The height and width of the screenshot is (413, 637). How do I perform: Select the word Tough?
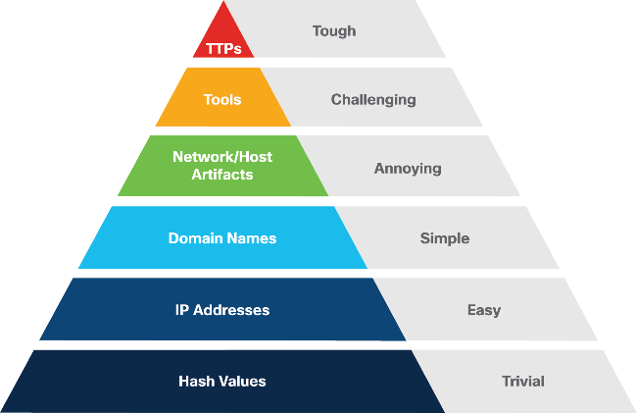[333, 30]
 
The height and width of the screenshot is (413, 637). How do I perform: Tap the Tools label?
[221, 99]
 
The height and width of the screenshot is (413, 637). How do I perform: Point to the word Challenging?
[372, 99]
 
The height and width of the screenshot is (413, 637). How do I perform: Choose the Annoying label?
[408, 168]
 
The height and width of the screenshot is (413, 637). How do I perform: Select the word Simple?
[444, 238]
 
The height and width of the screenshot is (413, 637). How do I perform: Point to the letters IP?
[182, 310]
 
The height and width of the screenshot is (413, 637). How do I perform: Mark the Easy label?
[483, 310]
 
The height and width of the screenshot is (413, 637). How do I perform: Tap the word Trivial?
[522, 381]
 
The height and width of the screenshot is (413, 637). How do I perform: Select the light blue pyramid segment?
[127, 253]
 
